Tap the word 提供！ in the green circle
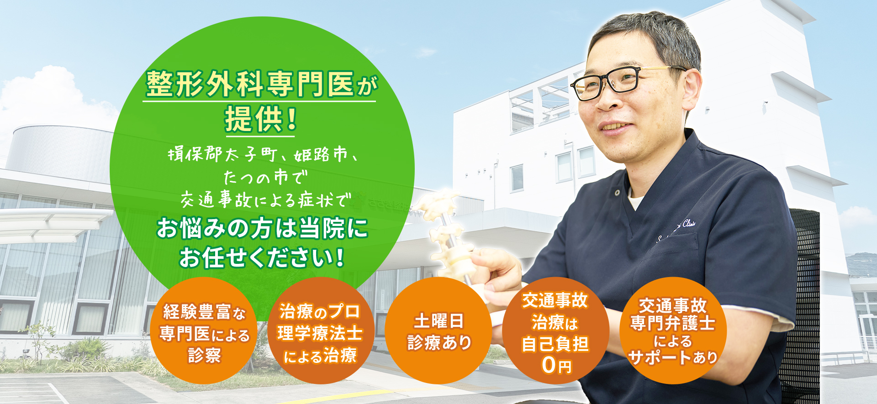click(x=260, y=119)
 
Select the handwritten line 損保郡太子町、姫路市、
click(x=263, y=155)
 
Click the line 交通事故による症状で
click(x=266, y=200)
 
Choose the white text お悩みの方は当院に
click(x=262, y=228)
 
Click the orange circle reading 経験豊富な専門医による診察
click(x=204, y=331)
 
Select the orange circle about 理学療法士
click(x=321, y=331)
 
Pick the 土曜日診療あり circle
click(x=438, y=331)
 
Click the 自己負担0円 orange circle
click(x=555, y=331)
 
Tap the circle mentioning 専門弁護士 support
click(x=673, y=331)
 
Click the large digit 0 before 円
click(x=549, y=365)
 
